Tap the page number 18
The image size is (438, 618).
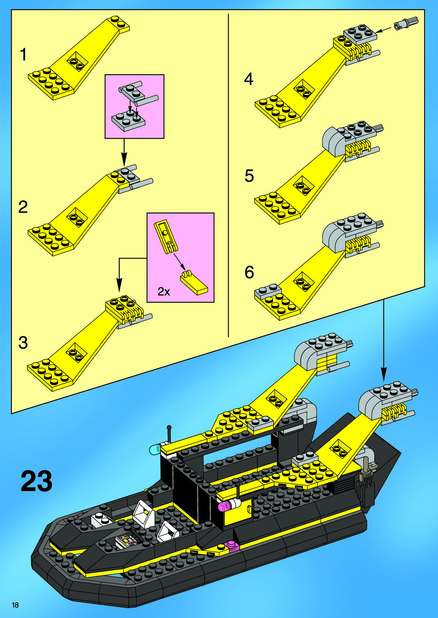coord(15,605)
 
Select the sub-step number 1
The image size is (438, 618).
coord(23,55)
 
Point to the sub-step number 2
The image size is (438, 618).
coord(23,207)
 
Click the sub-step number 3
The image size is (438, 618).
coord(23,343)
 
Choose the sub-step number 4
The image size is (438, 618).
coord(249,79)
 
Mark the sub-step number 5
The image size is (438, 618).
coord(249,176)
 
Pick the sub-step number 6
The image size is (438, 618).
coord(249,272)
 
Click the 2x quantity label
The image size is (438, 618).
coord(164,292)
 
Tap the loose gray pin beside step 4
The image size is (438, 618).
coord(405,23)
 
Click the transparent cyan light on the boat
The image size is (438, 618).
coord(155,449)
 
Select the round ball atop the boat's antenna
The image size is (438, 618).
coord(169,428)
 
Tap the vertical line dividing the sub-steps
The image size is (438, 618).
coord(229,176)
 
